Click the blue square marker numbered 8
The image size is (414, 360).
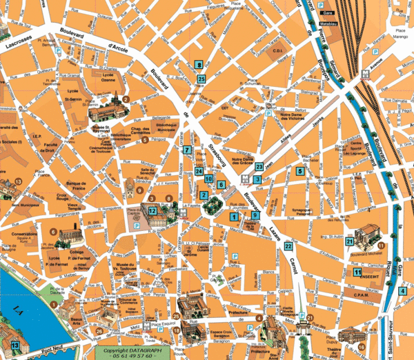tap(199, 66)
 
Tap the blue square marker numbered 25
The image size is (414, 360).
tap(201, 79)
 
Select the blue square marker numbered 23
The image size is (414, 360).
tap(259, 166)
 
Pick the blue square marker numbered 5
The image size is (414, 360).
tap(300, 171)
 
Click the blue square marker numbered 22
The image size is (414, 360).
tap(288, 246)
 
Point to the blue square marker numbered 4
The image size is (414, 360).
tap(402, 290)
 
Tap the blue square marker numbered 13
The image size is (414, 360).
tap(15, 345)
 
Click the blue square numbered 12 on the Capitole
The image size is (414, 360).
tap(152, 210)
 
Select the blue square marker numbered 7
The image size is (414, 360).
tap(186, 150)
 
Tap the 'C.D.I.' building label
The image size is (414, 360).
tap(278, 50)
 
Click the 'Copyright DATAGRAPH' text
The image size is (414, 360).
tap(127, 350)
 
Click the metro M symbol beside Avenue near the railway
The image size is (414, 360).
tap(364, 71)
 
